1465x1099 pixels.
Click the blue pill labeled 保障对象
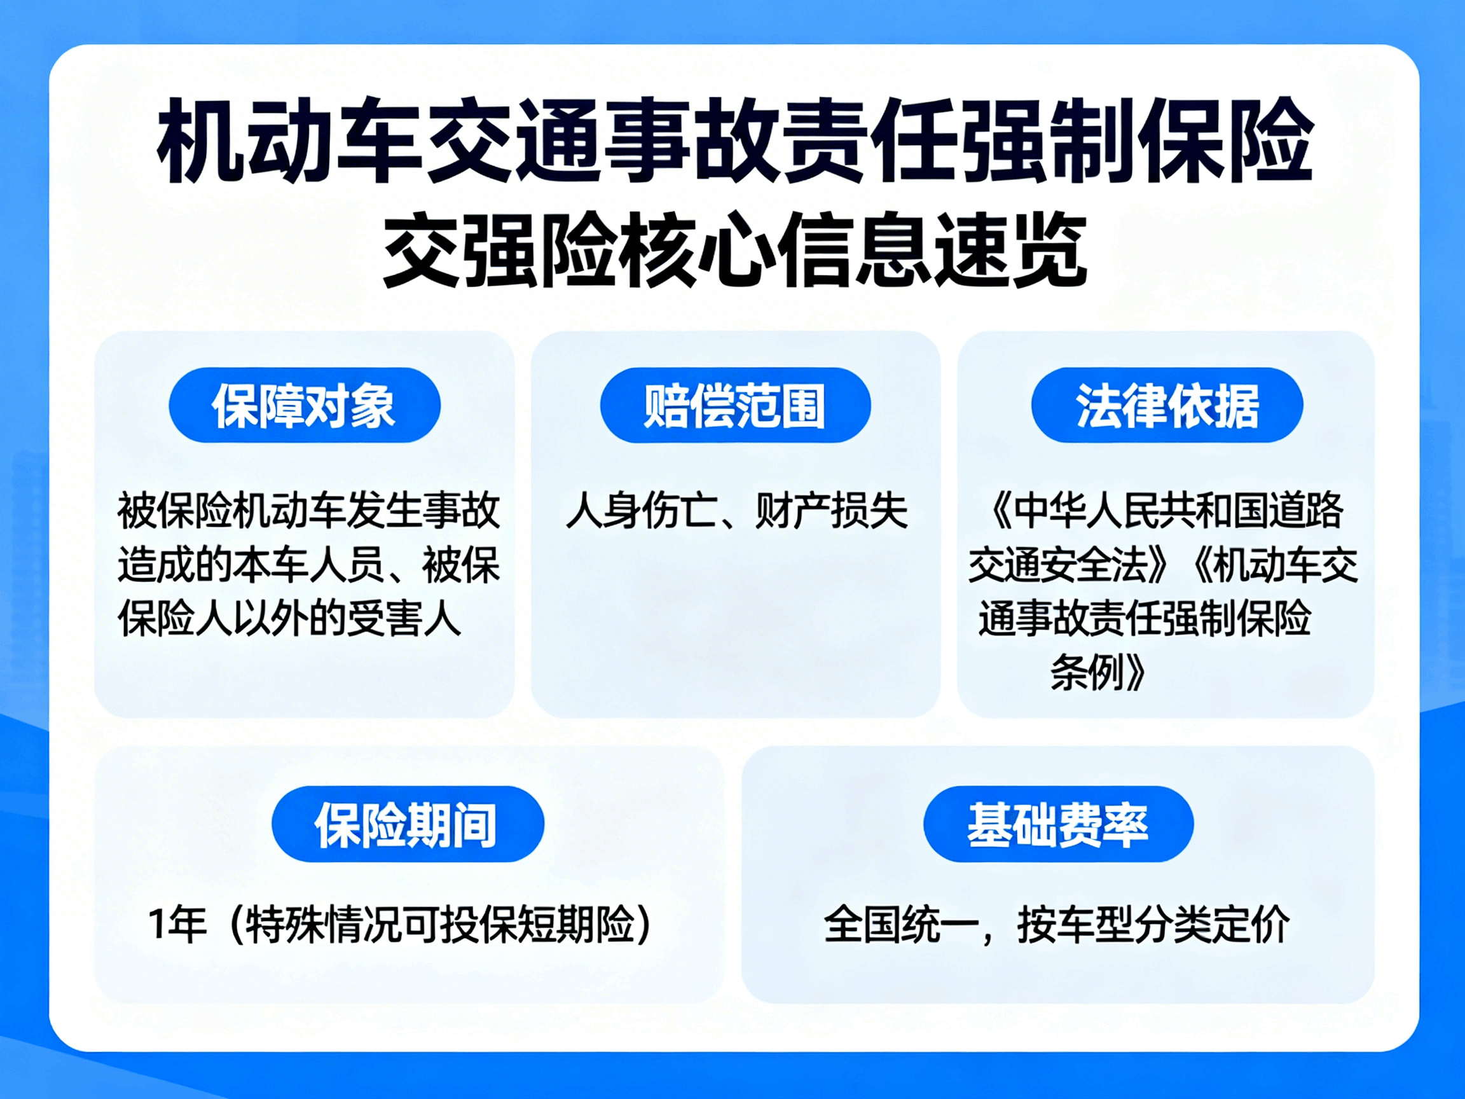point(304,404)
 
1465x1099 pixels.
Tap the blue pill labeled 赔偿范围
point(735,404)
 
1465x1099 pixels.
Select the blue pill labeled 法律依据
point(1167,404)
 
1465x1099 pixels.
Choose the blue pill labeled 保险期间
point(408,824)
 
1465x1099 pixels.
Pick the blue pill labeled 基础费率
point(1058,824)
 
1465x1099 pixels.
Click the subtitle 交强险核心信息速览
point(735,251)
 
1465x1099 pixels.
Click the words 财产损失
point(831,511)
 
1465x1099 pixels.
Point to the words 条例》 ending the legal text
point(1097,674)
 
